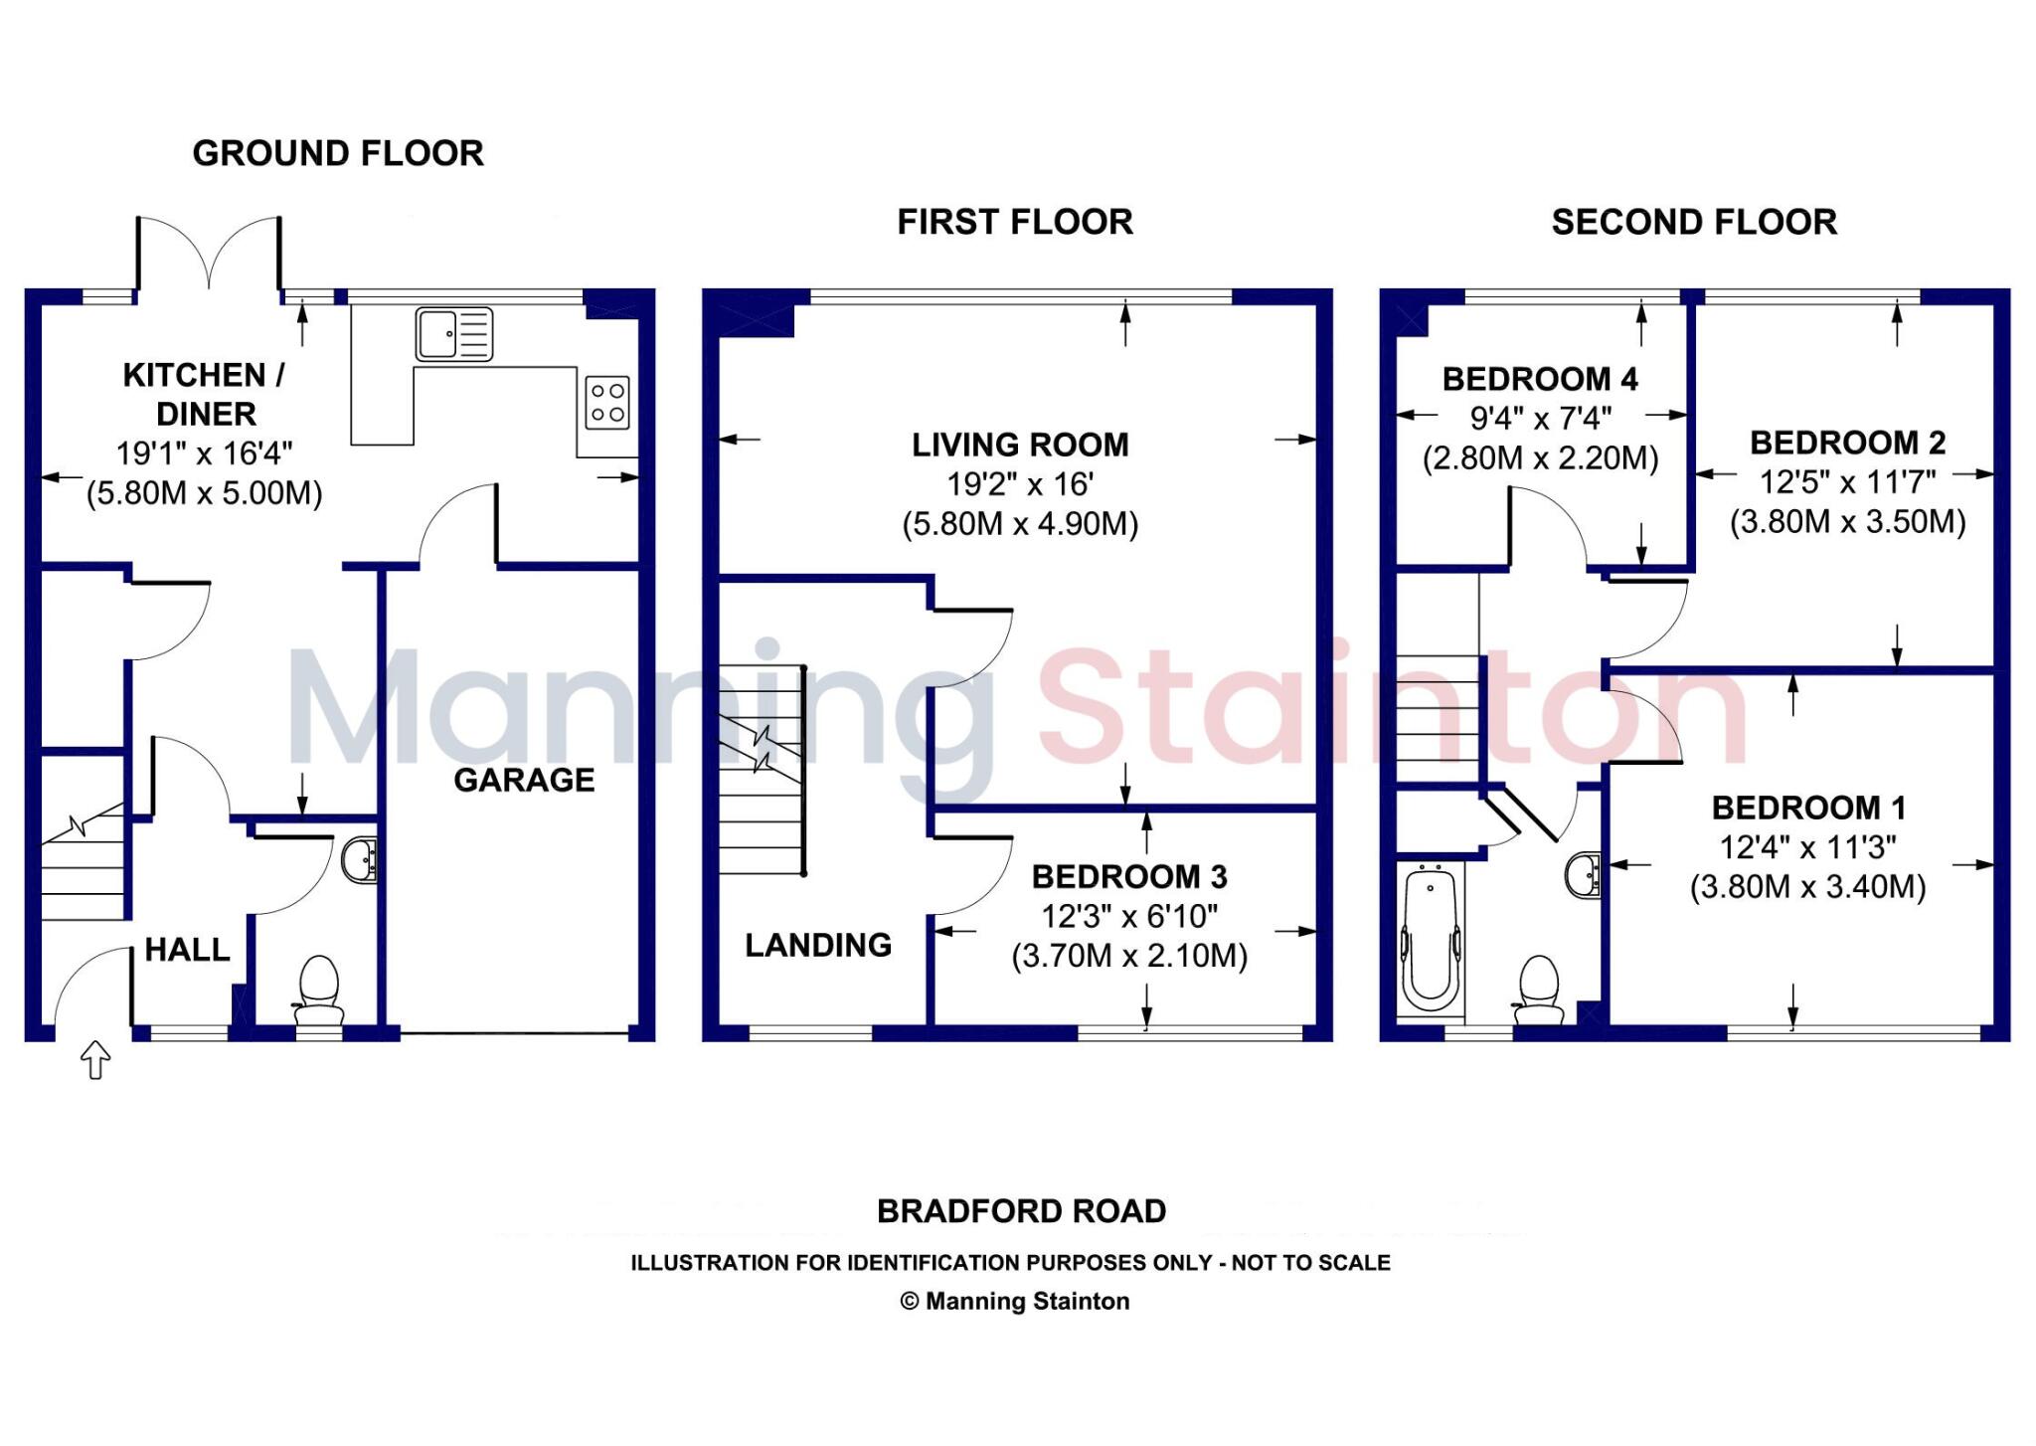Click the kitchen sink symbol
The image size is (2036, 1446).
click(x=454, y=333)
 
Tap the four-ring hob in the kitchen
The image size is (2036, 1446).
click(x=606, y=403)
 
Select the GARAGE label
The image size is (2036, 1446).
click(x=524, y=780)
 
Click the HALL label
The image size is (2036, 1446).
click(x=187, y=950)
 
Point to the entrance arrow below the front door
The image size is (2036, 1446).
click(x=94, y=1059)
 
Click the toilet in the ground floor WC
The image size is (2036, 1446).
click(x=319, y=990)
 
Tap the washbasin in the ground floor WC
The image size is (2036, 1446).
click(x=359, y=859)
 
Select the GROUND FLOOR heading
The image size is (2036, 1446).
click(x=338, y=153)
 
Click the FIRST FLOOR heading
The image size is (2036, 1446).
click(x=1015, y=222)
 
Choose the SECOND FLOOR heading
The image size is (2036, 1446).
click(x=1694, y=222)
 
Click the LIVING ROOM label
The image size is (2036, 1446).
click(x=1020, y=445)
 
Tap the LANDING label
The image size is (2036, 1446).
click(x=818, y=945)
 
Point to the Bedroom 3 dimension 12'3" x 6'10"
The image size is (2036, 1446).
click(x=1129, y=916)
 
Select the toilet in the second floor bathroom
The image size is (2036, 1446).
click(x=1539, y=989)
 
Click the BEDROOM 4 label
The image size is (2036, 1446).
click(x=1540, y=379)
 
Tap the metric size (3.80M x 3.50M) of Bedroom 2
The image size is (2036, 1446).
click(x=1847, y=522)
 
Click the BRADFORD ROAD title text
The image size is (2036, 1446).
click(x=1021, y=1211)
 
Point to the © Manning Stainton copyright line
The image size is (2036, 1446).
click(x=1014, y=1301)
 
